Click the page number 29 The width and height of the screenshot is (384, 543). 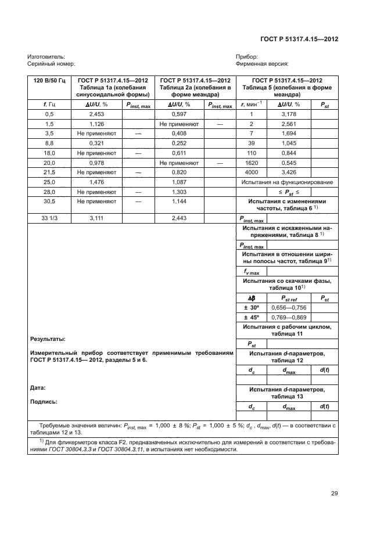(x=334, y=494)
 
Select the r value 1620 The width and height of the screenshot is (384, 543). (x=252, y=163)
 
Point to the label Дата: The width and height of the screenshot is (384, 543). (x=37, y=387)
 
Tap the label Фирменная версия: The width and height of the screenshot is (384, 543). (x=263, y=64)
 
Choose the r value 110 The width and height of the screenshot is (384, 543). (x=252, y=153)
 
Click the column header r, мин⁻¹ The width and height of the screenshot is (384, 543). (x=252, y=104)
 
